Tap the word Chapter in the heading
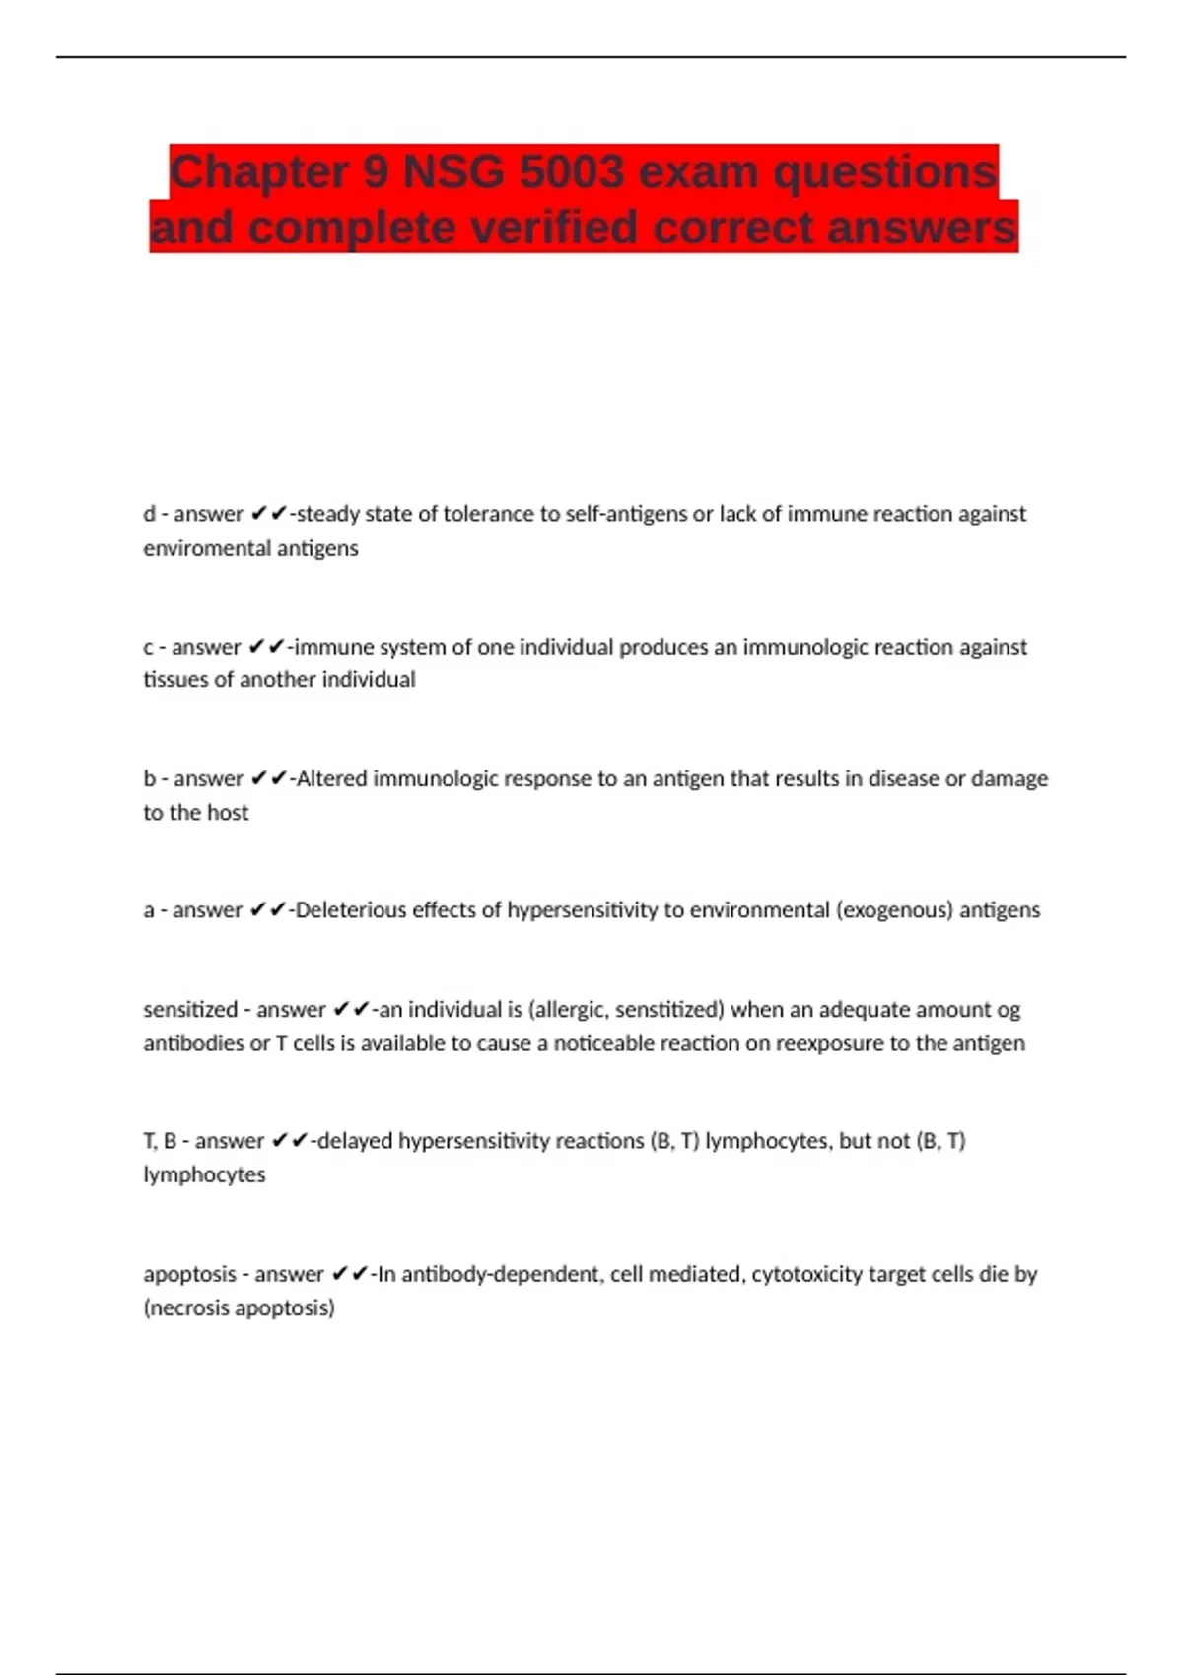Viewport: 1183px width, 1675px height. coord(259,172)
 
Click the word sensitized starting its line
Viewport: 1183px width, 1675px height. coord(190,1010)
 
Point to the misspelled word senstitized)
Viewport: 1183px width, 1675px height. coord(670,1010)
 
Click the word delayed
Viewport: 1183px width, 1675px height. coord(355,1141)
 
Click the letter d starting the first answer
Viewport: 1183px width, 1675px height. coord(149,514)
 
